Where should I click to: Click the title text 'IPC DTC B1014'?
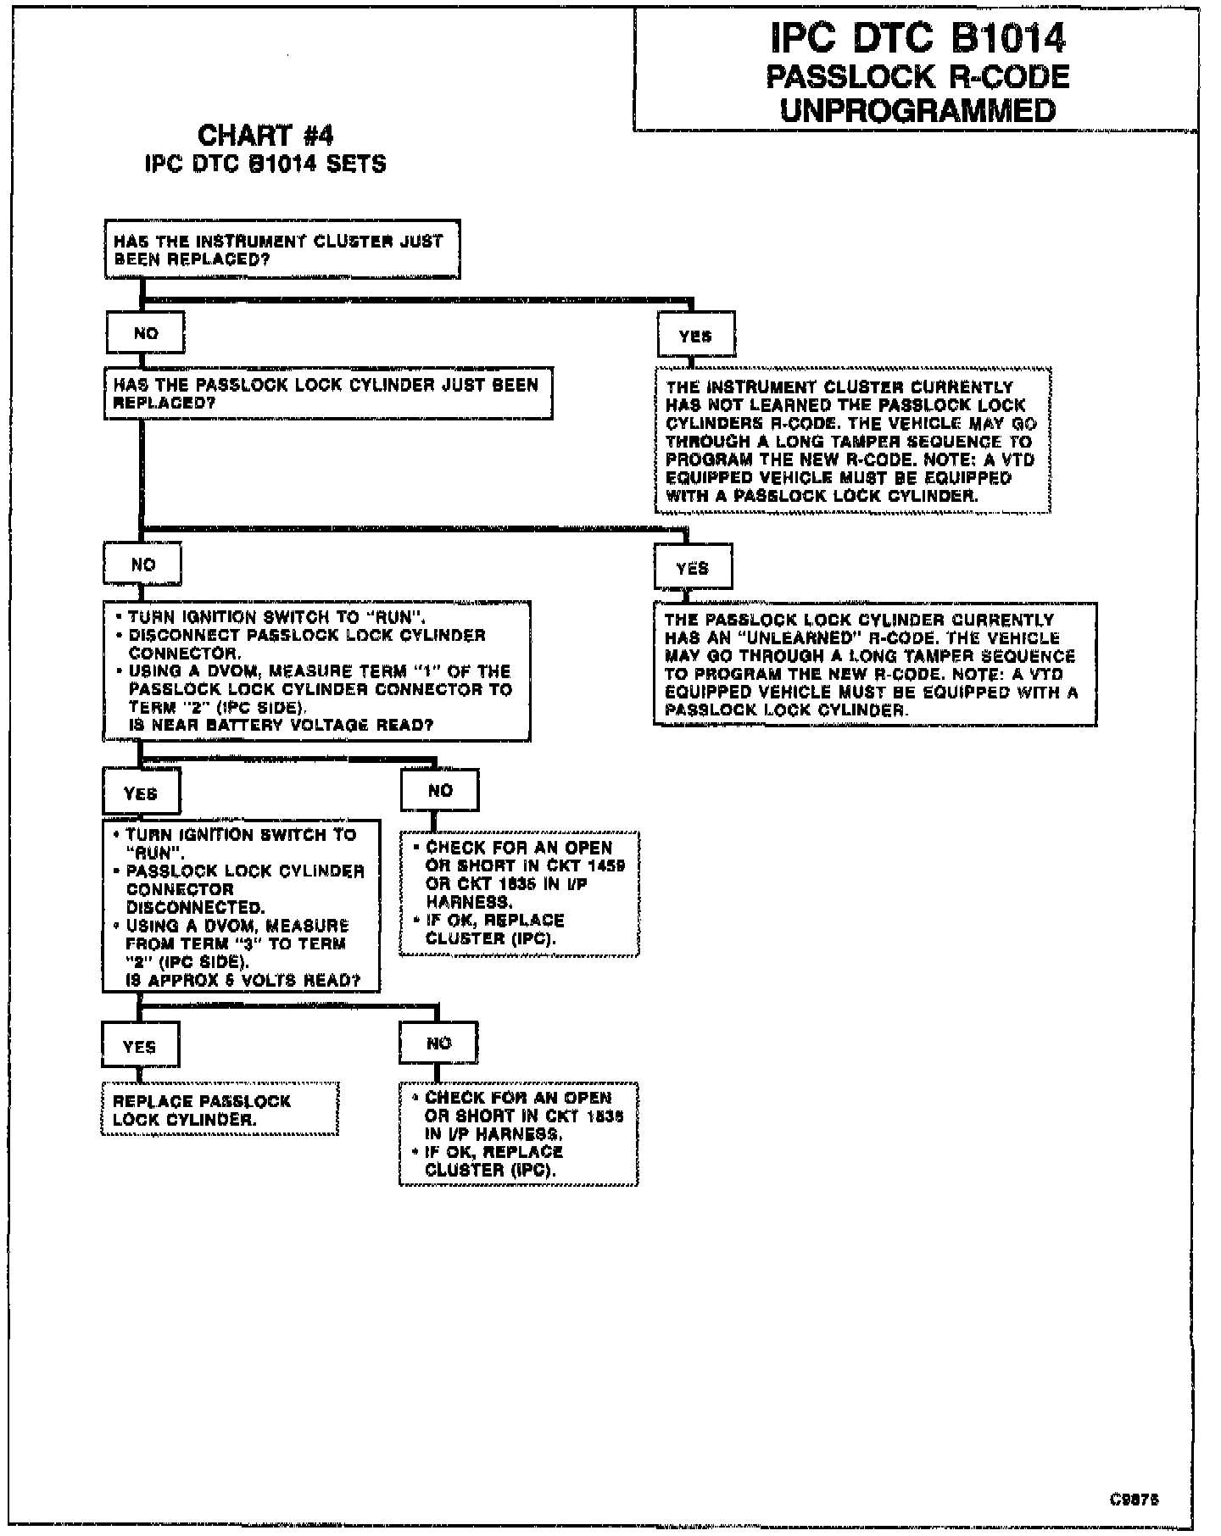point(917,38)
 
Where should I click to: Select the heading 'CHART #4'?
point(265,136)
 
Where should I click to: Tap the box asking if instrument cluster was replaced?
point(282,250)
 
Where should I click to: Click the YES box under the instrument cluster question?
point(695,336)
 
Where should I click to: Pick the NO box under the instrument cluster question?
point(145,333)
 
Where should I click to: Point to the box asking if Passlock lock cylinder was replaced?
point(328,393)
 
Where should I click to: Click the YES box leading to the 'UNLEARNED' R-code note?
point(693,568)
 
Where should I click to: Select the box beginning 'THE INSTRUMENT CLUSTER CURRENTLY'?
point(852,441)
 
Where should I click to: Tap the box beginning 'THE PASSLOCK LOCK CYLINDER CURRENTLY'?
point(874,665)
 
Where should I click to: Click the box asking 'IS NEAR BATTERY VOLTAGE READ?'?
point(317,671)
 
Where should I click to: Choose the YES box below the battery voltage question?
point(141,793)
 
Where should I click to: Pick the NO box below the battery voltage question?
point(440,791)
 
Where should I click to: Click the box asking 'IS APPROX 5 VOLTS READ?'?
point(241,907)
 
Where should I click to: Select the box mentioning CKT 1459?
point(519,893)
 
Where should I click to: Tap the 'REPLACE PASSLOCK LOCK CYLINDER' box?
point(220,1110)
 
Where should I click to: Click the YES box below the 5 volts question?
point(140,1046)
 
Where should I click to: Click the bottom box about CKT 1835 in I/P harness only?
point(518,1133)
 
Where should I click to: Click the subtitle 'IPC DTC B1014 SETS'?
point(265,164)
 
